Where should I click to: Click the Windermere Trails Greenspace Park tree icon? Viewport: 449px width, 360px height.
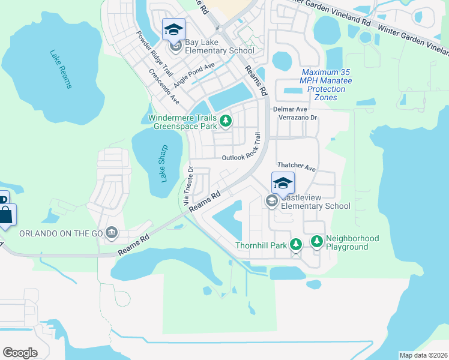pos(226,121)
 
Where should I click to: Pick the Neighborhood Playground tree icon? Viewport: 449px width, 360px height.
pos(316,242)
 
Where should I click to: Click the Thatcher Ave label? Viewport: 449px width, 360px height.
pos(296,166)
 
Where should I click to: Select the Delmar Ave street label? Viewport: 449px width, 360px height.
pos(290,109)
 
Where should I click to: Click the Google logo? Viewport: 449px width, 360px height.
pos(20,352)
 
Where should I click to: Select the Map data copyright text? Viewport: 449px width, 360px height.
pos(423,355)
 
